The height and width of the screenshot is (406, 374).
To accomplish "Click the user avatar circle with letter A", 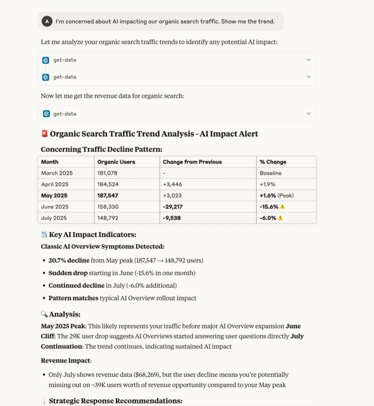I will tap(47, 21).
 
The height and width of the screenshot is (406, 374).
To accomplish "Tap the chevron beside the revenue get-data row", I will tap(308, 114).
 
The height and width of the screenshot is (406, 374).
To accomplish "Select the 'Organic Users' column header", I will tap(116, 162).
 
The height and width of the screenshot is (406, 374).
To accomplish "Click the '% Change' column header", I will tap(273, 162).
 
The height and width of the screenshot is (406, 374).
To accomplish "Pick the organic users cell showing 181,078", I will tap(107, 173).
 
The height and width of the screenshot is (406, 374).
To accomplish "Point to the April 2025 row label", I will tap(55, 184).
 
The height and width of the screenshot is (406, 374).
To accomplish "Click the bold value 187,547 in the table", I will tap(108, 195).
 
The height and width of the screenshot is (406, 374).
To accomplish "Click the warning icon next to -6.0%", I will tap(280, 218).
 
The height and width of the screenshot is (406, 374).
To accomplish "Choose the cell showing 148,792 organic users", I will tap(108, 218).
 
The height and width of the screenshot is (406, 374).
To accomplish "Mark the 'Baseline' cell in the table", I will tap(271, 173).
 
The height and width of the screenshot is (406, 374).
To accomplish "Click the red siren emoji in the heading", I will tap(44, 134).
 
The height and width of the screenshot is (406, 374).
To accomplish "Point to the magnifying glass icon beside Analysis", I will tap(44, 314).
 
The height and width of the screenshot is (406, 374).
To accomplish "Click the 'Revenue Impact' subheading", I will tap(66, 361).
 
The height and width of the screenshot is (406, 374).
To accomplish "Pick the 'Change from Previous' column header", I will tap(192, 162).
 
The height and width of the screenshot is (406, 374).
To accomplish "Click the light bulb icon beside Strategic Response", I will tap(44, 401).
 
